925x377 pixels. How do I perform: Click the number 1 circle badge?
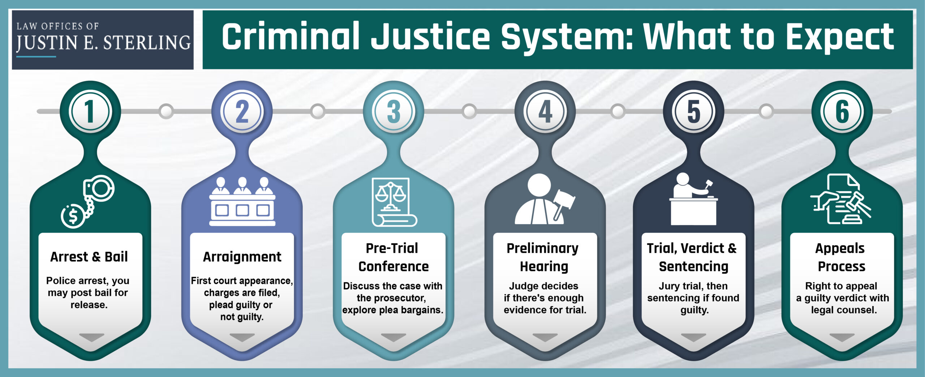(x=90, y=111)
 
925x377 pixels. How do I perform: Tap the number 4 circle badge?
(x=545, y=111)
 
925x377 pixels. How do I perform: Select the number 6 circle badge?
(x=842, y=111)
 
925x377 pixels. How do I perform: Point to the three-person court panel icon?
(x=242, y=201)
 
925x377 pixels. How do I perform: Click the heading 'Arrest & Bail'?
(x=89, y=257)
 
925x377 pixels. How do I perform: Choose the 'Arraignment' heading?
(x=242, y=257)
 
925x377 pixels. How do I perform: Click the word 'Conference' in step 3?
(x=393, y=267)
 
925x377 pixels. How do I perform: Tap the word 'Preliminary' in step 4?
(x=542, y=248)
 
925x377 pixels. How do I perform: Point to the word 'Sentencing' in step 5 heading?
(x=693, y=267)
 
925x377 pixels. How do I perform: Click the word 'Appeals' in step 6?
(x=840, y=248)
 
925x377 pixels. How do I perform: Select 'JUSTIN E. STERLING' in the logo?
(x=103, y=43)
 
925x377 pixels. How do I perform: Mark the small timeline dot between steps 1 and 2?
(x=166, y=111)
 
